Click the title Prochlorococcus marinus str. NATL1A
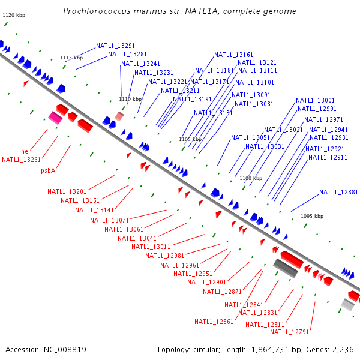(179, 11)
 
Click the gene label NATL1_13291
(115, 46)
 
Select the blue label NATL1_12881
(338, 193)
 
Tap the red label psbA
(48, 170)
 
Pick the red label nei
(25, 151)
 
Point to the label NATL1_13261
(21, 160)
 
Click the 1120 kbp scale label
(14, 14)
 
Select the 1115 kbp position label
(71, 58)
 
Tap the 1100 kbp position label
(251, 178)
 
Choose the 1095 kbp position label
(312, 216)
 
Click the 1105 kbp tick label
(190, 139)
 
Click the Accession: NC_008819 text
(46, 349)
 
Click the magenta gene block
(55, 118)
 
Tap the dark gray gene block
(286, 268)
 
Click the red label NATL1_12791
(289, 332)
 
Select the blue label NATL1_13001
(315, 100)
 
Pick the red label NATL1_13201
(67, 191)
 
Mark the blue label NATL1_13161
(233, 55)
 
